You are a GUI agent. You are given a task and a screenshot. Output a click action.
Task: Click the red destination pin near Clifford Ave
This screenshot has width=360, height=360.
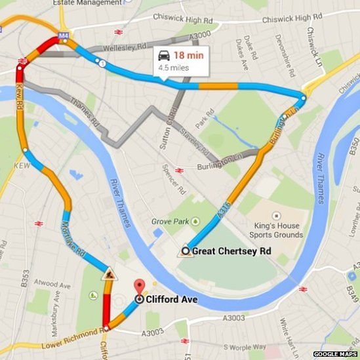[139, 287]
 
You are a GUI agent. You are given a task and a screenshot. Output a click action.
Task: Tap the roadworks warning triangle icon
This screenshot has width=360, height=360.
[108, 275]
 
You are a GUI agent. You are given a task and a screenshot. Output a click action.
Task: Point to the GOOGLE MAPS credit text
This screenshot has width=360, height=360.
[334, 354]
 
